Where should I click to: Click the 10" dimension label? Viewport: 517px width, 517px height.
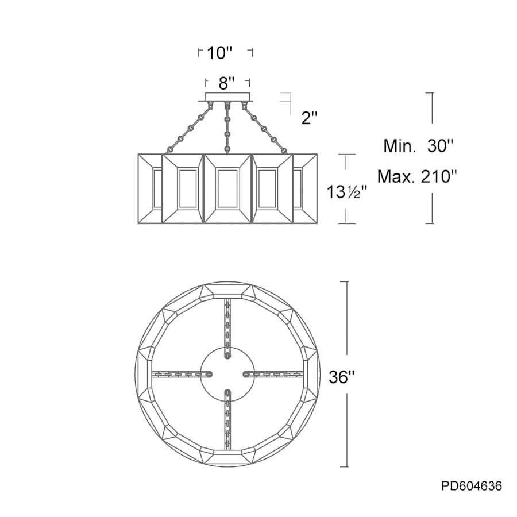(219, 53)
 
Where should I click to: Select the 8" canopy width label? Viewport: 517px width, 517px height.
(227, 83)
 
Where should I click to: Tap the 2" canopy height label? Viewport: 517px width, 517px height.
(309, 118)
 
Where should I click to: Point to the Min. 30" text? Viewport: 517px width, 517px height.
(418, 145)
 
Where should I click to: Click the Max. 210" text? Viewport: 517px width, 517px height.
(418, 177)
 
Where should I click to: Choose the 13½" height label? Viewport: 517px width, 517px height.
(346, 191)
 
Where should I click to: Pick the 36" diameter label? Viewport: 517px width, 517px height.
(342, 376)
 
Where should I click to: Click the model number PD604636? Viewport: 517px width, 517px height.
(472, 485)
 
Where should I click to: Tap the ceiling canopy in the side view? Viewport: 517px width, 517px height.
(227, 97)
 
